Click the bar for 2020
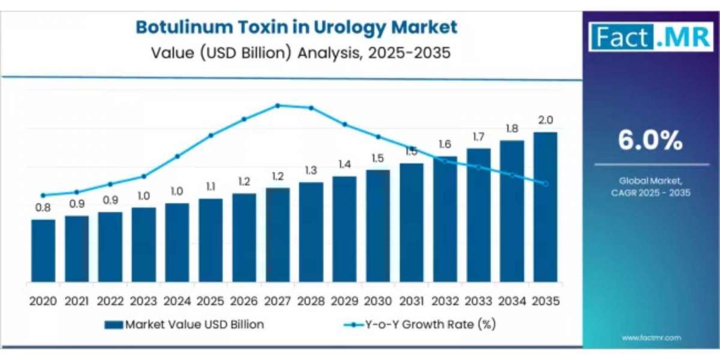(43, 251)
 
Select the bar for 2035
(545, 207)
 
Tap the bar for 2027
(277, 235)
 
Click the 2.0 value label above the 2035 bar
(545, 120)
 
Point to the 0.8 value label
(43, 208)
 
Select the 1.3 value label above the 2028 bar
(311, 170)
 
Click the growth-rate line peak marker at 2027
(277, 106)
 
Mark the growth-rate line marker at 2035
(545, 184)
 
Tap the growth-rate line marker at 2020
(43, 195)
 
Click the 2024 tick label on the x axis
(177, 300)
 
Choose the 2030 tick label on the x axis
(378, 300)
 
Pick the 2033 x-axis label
(478, 300)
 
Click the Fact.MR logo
(651, 38)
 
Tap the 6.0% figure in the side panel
(650, 141)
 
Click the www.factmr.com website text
(651, 338)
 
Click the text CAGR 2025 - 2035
(651, 193)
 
